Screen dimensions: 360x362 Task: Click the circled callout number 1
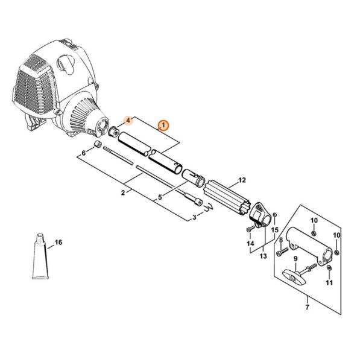pyautogui.click(x=163, y=125)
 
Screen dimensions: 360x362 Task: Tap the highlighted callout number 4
pyautogui.click(x=129, y=120)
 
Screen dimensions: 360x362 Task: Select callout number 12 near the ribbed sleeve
pyautogui.click(x=242, y=180)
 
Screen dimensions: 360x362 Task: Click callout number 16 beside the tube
pyautogui.click(x=58, y=242)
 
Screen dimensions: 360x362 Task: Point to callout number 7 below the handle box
pyautogui.click(x=307, y=307)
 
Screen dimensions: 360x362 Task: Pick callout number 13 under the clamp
pyautogui.click(x=263, y=256)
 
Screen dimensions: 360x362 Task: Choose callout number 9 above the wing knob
pyautogui.click(x=295, y=258)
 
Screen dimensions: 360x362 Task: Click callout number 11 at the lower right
pyautogui.click(x=329, y=282)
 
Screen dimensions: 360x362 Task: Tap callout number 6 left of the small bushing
pyautogui.click(x=84, y=153)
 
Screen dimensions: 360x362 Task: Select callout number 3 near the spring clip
pyautogui.click(x=194, y=217)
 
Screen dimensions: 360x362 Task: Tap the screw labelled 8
pyautogui.click(x=282, y=252)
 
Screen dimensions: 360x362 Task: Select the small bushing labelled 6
pyautogui.click(x=98, y=144)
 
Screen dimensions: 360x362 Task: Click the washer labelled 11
pyautogui.click(x=329, y=268)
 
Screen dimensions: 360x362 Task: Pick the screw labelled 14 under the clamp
pyautogui.click(x=250, y=229)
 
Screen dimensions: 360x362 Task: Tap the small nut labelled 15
pyautogui.click(x=274, y=215)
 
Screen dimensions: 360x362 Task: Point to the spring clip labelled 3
pyautogui.click(x=208, y=207)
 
